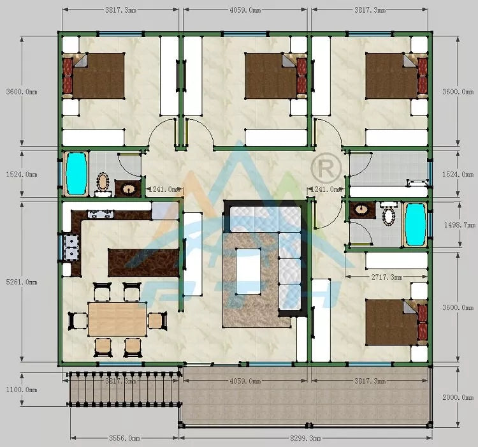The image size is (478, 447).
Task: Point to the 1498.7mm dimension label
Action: click(458, 225)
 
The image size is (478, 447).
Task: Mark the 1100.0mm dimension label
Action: click(21, 389)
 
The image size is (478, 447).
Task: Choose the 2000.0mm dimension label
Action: click(458, 397)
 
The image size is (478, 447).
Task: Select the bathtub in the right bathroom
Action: click(415, 224)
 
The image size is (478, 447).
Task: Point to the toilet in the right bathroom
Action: click(387, 215)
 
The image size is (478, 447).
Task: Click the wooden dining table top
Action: click(117, 319)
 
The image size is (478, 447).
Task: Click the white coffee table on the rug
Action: click(249, 271)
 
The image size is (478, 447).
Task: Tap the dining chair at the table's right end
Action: click(157, 319)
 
